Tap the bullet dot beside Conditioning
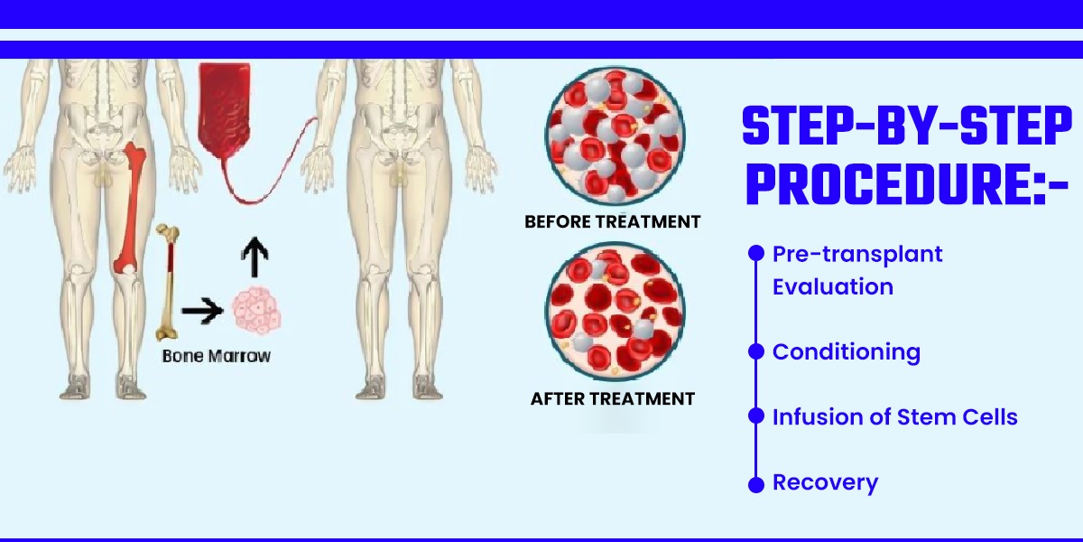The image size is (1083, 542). (756, 351)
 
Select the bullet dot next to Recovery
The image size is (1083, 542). (756, 484)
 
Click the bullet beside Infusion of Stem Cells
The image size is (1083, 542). (756, 416)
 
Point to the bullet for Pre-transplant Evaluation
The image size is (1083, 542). (756, 253)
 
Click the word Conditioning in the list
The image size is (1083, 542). (847, 353)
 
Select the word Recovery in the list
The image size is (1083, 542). (825, 483)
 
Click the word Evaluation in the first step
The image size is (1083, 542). (832, 286)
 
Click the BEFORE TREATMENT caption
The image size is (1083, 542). (613, 221)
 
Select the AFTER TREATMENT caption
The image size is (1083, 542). (613, 398)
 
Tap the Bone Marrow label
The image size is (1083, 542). (216, 356)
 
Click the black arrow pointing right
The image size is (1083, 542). (202, 310)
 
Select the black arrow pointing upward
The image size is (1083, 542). (255, 257)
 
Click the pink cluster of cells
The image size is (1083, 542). (256, 310)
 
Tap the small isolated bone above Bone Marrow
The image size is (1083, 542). (168, 282)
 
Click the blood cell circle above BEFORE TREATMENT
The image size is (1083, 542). (615, 135)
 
